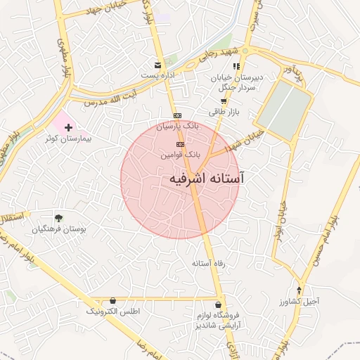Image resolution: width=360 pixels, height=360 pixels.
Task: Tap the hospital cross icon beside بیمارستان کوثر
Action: pyautogui.click(x=68, y=127)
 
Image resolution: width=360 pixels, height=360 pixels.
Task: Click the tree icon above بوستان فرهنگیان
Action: pyautogui.click(x=58, y=218)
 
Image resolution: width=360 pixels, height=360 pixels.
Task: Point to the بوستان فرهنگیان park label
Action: pyautogui.click(x=59, y=229)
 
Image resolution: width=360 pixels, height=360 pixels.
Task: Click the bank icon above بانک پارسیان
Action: pyautogui.click(x=177, y=115)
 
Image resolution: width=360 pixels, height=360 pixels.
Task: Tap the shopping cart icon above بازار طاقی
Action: pyautogui.click(x=223, y=101)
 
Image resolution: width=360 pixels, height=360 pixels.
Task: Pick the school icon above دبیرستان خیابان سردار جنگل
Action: pyautogui.click(x=236, y=66)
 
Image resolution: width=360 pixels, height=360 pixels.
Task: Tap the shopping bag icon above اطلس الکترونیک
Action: pyautogui.click(x=113, y=300)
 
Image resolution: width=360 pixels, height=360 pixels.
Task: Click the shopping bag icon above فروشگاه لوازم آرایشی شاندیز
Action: pyautogui.click(x=219, y=305)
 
